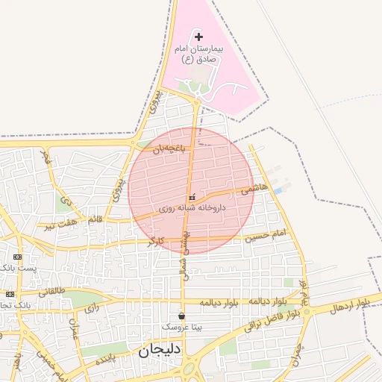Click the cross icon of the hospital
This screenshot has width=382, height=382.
click(198, 37)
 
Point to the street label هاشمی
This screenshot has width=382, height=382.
click(254, 190)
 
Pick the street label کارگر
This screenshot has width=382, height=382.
click(156, 241)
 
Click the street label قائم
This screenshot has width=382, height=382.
click(95, 220)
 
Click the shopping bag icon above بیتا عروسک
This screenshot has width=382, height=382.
click(181, 316)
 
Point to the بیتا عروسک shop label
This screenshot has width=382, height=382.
click(181, 328)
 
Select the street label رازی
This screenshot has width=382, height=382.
click(92, 307)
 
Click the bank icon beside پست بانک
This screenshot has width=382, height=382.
click(17, 256)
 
